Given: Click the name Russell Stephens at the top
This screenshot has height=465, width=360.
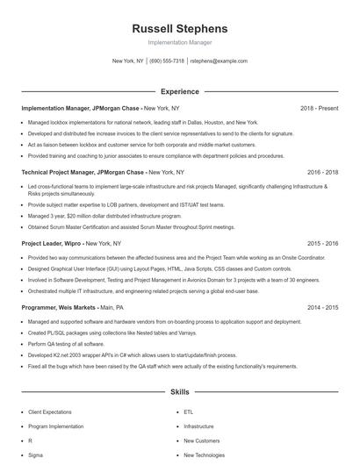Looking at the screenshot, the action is tap(179, 28).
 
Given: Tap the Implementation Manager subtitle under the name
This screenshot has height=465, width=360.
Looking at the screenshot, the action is tap(179, 42).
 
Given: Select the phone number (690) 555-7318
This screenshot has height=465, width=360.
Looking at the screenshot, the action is tap(167, 61).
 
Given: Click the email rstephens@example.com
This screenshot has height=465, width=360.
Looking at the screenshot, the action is tap(219, 61).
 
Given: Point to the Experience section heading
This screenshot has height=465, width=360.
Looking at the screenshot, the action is tap(179, 91).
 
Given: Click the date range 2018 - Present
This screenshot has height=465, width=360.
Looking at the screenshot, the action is tap(319, 108).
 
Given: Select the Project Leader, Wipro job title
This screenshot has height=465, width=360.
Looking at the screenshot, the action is tap(52, 243).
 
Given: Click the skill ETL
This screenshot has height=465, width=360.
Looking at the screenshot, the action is tap(188, 411).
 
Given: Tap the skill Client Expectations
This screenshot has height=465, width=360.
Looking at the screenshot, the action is tap(50, 411).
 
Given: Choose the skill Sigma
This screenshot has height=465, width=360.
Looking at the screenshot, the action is tap(36, 455).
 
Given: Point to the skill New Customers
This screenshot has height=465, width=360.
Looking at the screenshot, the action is tap(201, 440).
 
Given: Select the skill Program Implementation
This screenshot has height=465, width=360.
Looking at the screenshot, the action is tap(55, 426).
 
